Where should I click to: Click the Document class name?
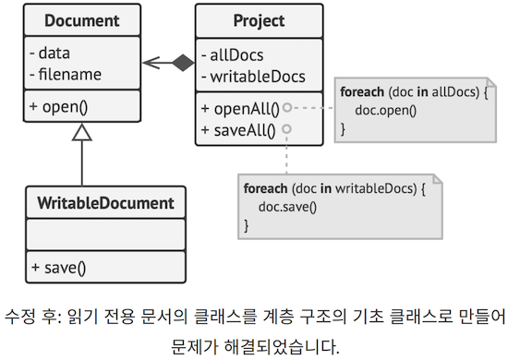82,20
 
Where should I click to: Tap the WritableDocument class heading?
105,202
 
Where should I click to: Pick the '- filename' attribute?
66,74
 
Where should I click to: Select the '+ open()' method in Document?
58,106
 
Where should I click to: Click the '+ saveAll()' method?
238,128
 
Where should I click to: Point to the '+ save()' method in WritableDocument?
57,269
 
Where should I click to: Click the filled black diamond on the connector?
183,63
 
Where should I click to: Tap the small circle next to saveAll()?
288,128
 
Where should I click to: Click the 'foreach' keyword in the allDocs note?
364,92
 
